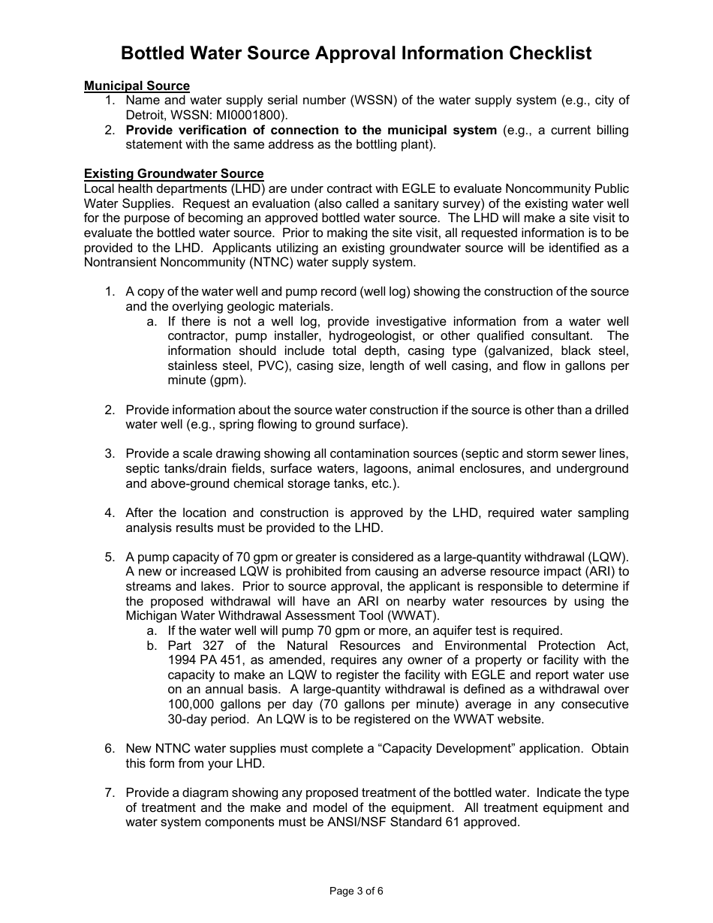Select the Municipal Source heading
[137, 86]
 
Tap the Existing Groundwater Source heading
[173, 174]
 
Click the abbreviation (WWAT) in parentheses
[408, 616]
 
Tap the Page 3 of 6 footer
[356, 891]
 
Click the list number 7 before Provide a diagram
[109, 793]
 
